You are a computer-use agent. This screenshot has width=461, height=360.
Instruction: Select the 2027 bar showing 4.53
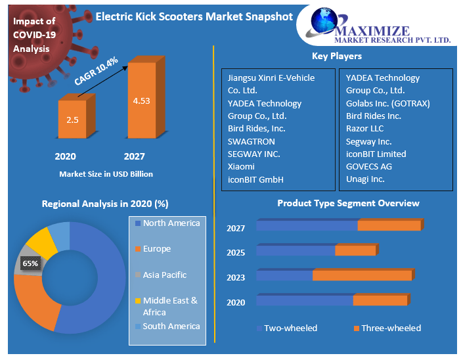tap(142, 101)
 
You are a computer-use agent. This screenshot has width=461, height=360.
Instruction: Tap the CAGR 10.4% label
tap(97, 70)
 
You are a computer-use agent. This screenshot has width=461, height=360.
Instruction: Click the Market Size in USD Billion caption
tap(106, 174)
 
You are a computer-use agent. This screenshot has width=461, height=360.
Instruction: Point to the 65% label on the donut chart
tap(30, 263)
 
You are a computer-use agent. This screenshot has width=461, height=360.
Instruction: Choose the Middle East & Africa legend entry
tap(169, 306)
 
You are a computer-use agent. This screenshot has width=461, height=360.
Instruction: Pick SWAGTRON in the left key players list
tap(252, 141)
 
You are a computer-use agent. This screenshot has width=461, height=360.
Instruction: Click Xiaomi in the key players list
tap(241, 167)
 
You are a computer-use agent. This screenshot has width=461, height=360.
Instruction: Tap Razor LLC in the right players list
tap(365, 129)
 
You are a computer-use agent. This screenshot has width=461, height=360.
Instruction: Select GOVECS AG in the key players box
tap(369, 166)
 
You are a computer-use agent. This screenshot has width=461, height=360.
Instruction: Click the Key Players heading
tap(337, 56)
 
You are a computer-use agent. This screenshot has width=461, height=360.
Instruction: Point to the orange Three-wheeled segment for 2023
tap(362, 275)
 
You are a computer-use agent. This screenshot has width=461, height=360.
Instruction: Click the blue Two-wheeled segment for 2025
tap(296, 250)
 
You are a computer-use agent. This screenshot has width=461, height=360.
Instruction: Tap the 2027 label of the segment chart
tap(236, 229)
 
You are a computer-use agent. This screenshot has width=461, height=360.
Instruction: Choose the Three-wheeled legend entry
tap(390, 328)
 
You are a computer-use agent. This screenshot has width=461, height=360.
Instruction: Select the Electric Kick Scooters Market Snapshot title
tap(194, 16)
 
